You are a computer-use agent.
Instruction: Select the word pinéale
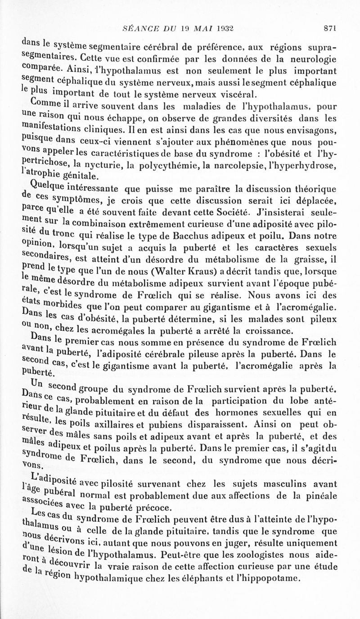pos(322,497)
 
